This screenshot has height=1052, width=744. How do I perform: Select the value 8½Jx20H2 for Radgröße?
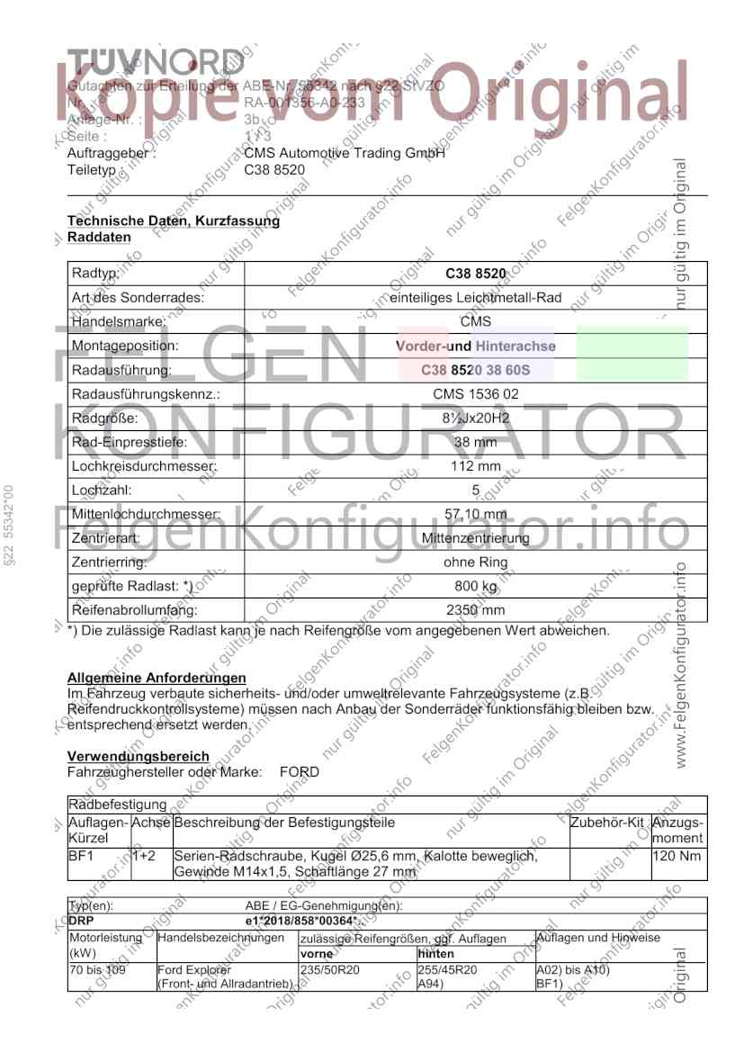click(x=475, y=418)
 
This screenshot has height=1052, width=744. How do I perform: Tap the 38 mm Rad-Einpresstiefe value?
click(x=475, y=443)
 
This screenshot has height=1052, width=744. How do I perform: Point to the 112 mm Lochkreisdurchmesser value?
click(x=475, y=467)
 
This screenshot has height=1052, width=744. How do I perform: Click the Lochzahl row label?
click(x=102, y=490)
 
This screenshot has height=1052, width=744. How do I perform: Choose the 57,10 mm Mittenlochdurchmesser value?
click(x=475, y=515)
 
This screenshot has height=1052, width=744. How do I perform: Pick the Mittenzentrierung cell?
click(x=475, y=538)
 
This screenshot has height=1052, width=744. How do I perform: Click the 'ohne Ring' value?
click(x=475, y=562)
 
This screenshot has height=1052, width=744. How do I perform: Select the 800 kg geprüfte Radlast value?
click(x=475, y=587)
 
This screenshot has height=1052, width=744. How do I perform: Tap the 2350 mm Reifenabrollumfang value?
click(x=475, y=610)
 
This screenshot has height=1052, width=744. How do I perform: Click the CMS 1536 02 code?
click(x=475, y=394)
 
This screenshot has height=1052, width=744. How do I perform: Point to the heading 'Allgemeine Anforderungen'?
click(x=157, y=678)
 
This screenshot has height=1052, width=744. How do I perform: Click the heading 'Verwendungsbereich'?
click(x=139, y=757)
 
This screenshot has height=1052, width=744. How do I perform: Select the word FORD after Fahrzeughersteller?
click(x=300, y=772)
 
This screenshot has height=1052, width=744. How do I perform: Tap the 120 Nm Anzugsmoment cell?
click(x=676, y=856)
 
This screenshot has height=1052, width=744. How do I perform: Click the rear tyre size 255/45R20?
click(x=447, y=970)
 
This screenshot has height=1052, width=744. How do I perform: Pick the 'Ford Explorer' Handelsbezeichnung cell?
click(x=194, y=970)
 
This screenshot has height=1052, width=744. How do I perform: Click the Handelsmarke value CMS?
click(x=475, y=321)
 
